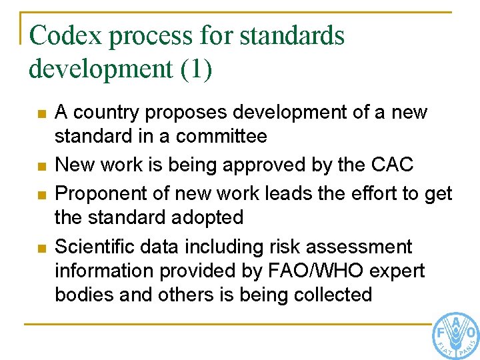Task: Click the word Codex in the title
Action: (67, 36)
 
